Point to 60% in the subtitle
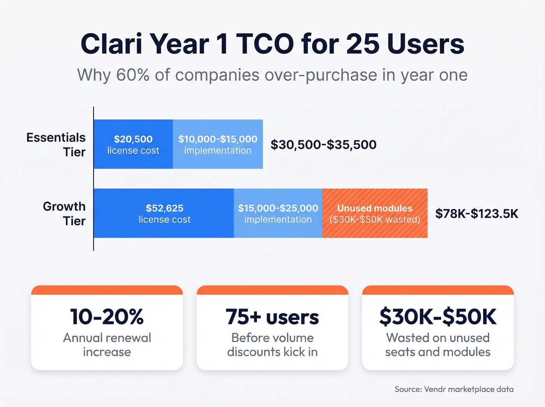133,75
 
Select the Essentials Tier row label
56,144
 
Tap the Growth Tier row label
64,213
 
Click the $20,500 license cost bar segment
133,144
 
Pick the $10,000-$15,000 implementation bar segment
218,144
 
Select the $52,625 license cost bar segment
164,213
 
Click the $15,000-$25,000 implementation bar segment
278,213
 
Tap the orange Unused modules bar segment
375,213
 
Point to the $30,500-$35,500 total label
323,144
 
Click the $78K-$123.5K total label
476,213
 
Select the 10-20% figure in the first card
107,316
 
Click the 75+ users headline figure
272,316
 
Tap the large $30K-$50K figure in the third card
438,316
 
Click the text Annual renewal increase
107,345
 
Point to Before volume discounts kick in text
272,345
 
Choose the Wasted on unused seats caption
438,345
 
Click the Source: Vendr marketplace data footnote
454,389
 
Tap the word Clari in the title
111,44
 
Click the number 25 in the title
362,44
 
